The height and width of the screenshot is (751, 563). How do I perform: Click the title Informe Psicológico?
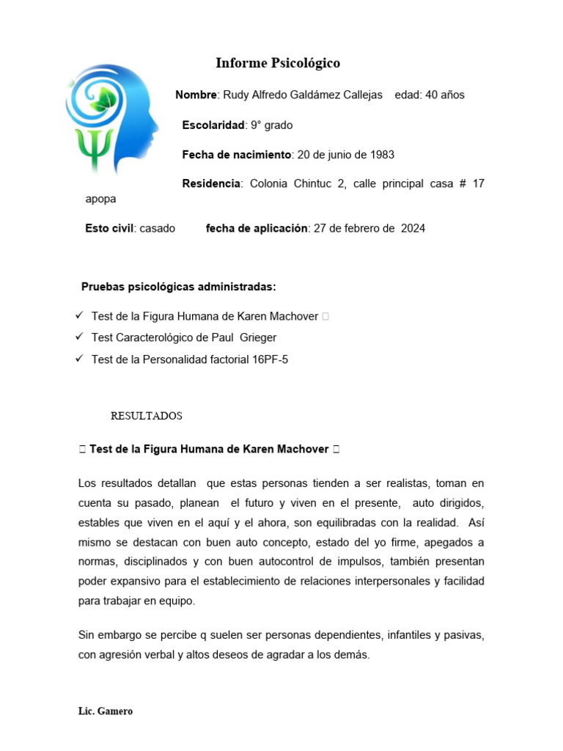[x=277, y=64]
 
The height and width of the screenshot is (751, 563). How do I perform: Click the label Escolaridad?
[x=213, y=125]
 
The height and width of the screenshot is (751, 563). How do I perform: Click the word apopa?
[x=100, y=199]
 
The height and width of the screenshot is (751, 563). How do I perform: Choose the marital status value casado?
[x=157, y=229]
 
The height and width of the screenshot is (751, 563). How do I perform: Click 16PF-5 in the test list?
[x=269, y=360]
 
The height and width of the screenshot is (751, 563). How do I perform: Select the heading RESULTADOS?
[x=146, y=417]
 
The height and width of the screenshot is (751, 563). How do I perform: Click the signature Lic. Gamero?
[x=106, y=712]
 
